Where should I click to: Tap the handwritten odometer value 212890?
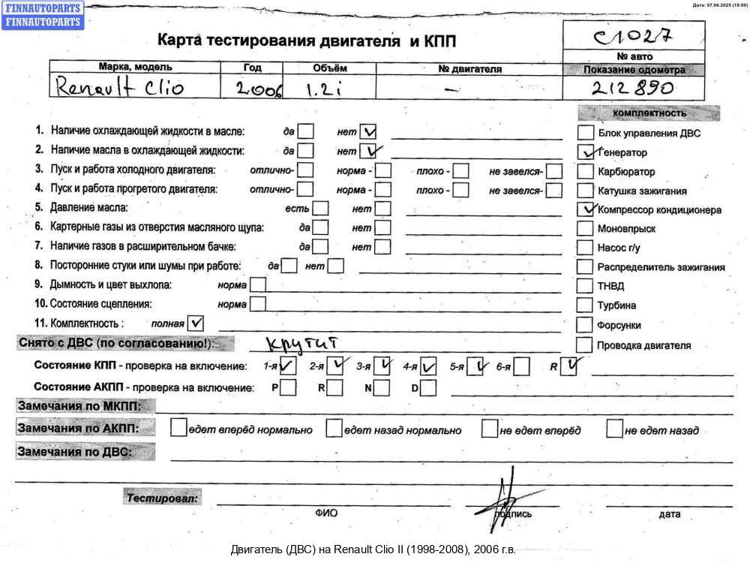tap(633, 89)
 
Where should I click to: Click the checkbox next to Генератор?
tap(585, 152)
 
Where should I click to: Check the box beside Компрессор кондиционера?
tap(585, 209)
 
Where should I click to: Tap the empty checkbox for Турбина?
tap(585, 306)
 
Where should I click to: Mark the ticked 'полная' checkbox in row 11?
tap(195, 324)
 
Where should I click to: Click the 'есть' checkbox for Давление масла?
tap(320, 208)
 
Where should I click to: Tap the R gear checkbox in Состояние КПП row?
tap(571, 366)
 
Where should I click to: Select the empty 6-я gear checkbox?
tap(522, 367)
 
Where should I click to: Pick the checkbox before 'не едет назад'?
tap(615, 429)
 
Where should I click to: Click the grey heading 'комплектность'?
tap(649, 113)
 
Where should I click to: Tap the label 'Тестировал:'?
tap(163, 498)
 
